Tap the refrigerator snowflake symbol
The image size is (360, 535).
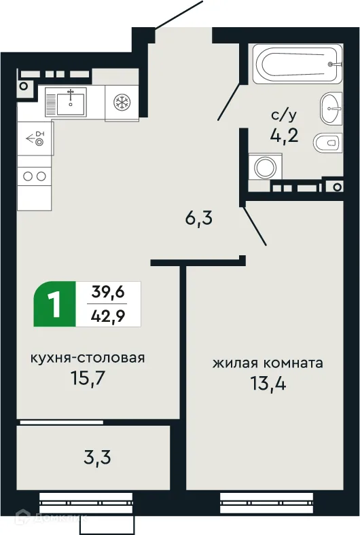[x=123, y=103]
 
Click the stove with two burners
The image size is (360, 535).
[x=35, y=176]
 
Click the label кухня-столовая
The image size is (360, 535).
[x=88, y=358]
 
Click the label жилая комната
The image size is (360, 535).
[x=268, y=363]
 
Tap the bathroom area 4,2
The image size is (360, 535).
[x=283, y=134]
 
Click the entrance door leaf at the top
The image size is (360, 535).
[x=180, y=15]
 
